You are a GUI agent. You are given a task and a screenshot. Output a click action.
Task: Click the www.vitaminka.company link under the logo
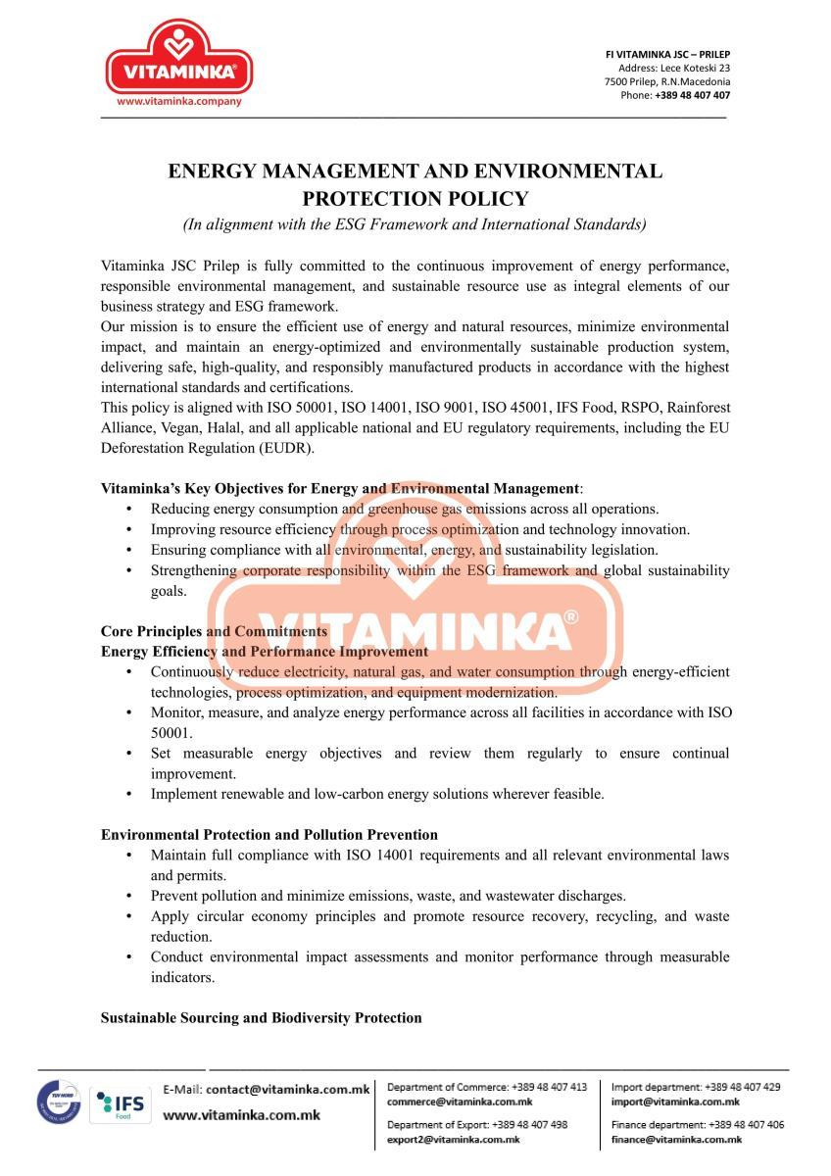178,101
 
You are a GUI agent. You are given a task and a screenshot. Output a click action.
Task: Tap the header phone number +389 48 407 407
692,95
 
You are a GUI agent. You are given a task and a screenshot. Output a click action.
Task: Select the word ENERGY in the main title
210,171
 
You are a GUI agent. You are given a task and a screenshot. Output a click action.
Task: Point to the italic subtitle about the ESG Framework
415,224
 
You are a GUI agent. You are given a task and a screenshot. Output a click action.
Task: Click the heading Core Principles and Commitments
214,631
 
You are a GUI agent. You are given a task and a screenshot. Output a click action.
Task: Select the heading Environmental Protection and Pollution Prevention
269,835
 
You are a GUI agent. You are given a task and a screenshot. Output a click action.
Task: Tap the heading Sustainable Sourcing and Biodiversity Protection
261,1018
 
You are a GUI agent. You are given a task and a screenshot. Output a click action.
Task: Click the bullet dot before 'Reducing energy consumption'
130,510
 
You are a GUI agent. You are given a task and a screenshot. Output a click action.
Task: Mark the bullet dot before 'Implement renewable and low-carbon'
130,795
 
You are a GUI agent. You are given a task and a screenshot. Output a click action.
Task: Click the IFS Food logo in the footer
121,1105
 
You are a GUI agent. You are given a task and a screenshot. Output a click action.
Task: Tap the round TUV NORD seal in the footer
59,1103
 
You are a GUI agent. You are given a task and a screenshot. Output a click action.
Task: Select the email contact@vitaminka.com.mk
287,1089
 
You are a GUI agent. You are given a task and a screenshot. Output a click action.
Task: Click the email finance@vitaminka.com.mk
676,1140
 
